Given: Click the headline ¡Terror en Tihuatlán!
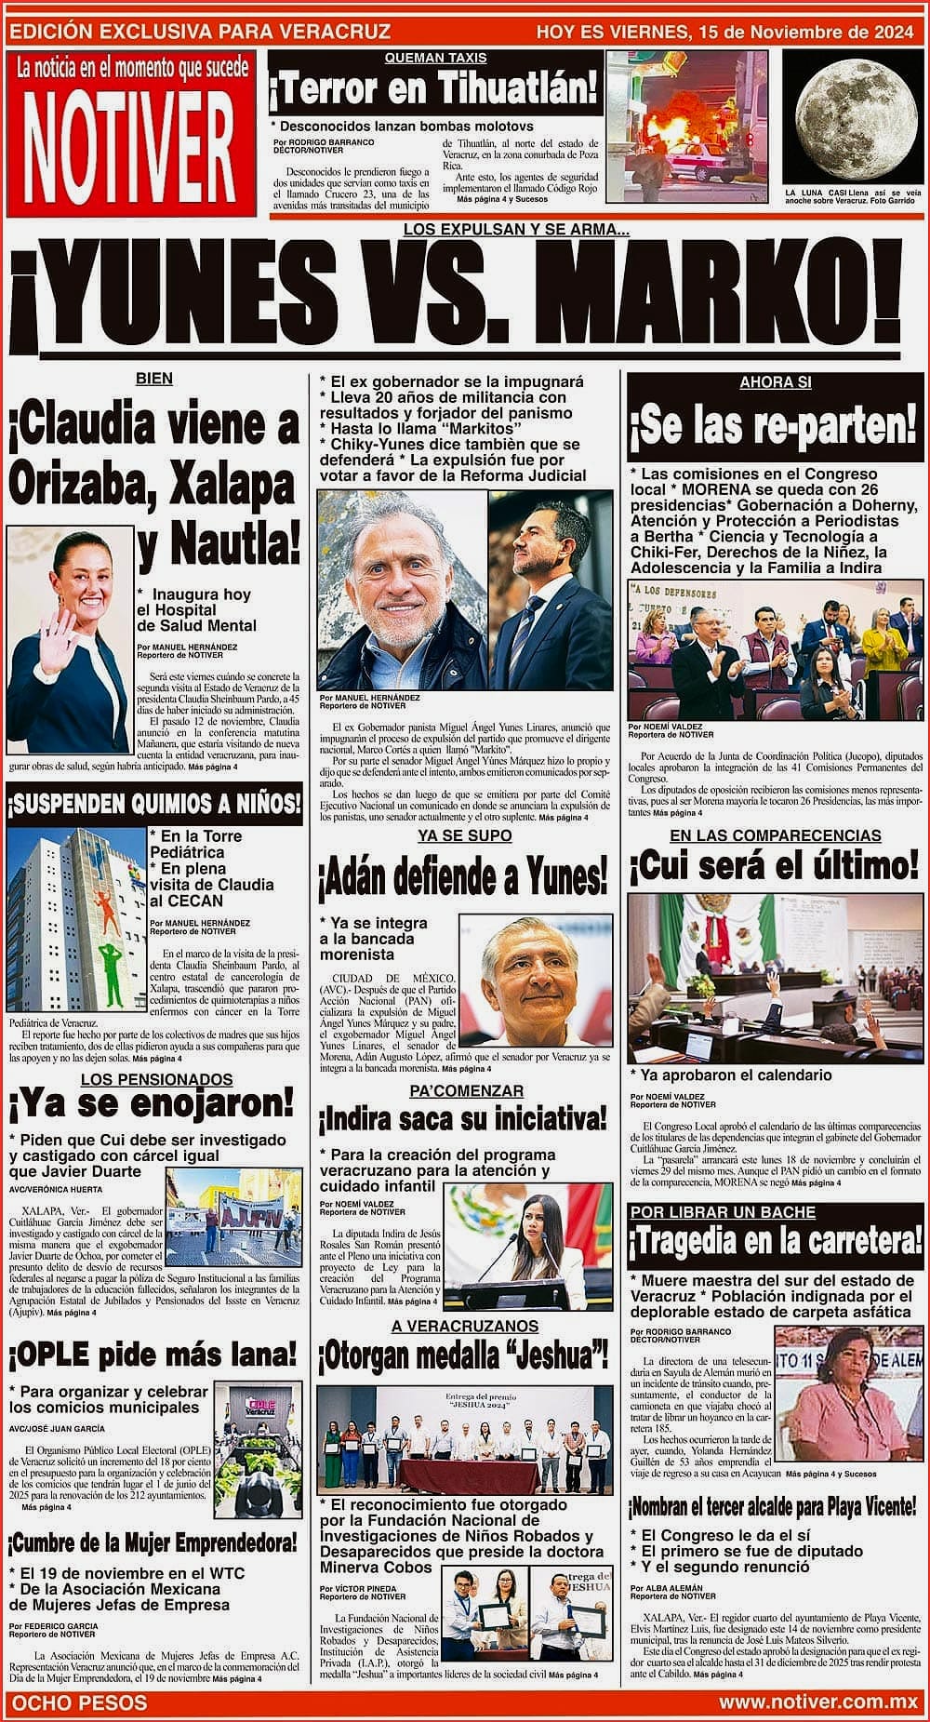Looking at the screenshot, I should (433, 90).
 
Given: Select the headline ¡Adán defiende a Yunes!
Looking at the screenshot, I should (463, 875).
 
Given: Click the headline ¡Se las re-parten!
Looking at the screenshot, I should (774, 427).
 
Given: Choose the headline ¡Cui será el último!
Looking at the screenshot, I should (774, 866).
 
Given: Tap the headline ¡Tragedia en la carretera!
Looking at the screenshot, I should (776, 1241).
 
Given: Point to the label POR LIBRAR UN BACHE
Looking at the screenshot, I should (723, 1212).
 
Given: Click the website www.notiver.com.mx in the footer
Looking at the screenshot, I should (818, 1702).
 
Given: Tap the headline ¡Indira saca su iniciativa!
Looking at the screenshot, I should (463, 1117).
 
